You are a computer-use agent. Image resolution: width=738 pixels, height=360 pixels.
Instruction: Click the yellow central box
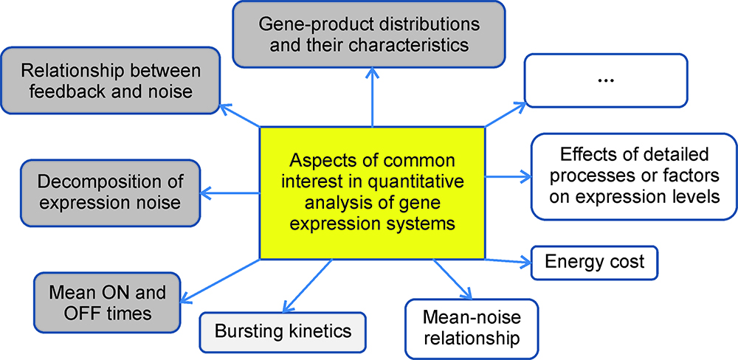372,193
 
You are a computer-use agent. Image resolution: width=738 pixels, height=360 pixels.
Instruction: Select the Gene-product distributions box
369,34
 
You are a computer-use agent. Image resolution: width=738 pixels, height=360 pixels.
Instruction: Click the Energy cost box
594,262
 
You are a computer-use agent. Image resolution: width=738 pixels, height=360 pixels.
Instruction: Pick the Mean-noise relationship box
472,328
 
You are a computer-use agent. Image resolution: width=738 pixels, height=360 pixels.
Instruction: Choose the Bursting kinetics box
283,331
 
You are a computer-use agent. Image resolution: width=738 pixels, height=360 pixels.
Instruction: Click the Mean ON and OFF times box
107,302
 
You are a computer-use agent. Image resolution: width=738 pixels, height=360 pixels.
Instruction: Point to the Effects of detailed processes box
634,176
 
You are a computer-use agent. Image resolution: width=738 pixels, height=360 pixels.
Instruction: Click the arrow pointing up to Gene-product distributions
372,96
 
